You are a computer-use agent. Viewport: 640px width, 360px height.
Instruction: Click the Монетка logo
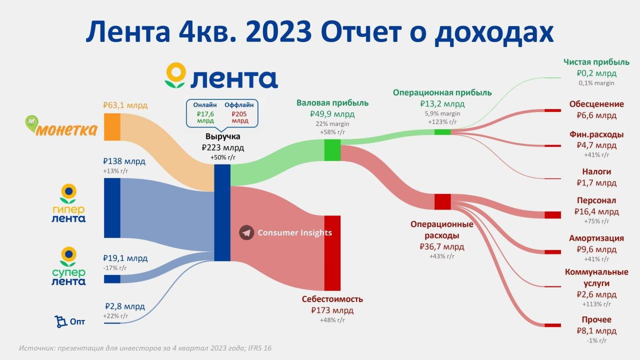coord(61,126)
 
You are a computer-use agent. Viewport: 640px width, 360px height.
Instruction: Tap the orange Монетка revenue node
coord(112,127)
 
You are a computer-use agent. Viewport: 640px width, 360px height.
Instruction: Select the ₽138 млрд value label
coord(124,161)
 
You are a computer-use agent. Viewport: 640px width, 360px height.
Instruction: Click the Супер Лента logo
coord(68,266)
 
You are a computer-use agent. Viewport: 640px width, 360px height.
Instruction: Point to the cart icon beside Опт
coord(60,321)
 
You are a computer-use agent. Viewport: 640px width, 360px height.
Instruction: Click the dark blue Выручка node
coord(222,212)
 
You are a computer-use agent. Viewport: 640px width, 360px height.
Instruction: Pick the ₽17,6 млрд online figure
coord(205,117)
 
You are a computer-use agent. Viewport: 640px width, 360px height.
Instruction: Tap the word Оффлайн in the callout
coord(239,105)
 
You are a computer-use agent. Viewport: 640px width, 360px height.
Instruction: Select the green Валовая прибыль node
coord(332,150)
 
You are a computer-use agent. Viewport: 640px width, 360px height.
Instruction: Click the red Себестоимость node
coord(332,253)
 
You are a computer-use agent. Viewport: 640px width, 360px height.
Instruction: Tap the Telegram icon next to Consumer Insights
coord(246,232)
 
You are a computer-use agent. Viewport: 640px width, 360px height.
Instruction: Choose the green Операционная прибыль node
coord(442,132)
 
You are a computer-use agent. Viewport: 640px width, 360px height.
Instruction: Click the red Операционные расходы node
coord(442,201)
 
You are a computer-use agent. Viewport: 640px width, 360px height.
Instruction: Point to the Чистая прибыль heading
coord(596,62)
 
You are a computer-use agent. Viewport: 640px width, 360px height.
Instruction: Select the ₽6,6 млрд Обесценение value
coord(596,115)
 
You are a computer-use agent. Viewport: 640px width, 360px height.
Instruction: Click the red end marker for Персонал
coord(552,215)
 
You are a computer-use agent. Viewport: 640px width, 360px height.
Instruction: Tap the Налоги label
coord(596,171)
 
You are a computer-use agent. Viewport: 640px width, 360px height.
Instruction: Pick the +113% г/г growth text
coord(596,304)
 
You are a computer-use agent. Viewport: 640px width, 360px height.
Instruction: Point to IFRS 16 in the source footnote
coord(259,348)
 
